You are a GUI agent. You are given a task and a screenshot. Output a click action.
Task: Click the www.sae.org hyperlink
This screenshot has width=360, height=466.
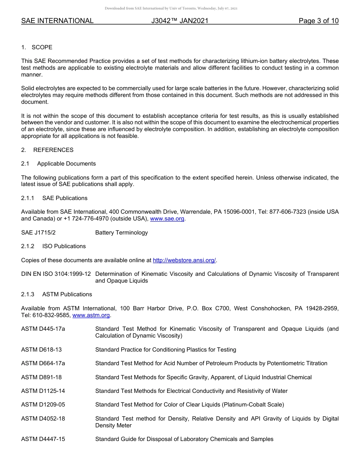coord(167,219)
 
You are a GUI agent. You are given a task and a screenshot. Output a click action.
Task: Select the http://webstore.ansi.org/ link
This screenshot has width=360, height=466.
coord(184,260)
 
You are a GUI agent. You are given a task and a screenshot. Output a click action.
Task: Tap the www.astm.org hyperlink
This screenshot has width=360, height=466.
coord(91,315)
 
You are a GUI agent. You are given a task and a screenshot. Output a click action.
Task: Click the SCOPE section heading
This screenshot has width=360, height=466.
coord(42,47)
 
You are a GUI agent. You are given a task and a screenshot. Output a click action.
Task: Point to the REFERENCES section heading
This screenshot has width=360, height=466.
coord(53,150)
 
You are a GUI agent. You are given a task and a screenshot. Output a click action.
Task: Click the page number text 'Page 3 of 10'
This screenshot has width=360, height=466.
coord(318,21)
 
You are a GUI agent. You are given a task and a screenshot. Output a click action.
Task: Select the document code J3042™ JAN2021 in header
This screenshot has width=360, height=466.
coord(180,21)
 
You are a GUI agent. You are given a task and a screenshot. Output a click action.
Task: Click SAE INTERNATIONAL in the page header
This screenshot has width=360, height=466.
coord(57,21)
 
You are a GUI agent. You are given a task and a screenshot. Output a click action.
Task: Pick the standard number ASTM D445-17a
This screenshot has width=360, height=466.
coord(43,329)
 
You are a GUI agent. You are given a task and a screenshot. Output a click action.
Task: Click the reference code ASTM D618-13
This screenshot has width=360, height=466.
coord(41,350)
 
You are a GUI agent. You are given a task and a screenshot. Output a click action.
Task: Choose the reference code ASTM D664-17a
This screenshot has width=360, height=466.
coord(43,363)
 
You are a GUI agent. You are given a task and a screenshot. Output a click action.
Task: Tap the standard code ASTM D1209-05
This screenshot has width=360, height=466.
coord(43,405)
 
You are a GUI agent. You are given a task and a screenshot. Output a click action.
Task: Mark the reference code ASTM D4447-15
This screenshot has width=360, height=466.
coord(43,439)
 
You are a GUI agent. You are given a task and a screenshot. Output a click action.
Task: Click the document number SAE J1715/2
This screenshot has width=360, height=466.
coord(38,233)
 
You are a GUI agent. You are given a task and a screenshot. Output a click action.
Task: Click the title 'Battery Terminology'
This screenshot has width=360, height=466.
coord(122,233)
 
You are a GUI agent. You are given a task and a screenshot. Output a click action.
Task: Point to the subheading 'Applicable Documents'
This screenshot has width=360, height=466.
coord(66,164)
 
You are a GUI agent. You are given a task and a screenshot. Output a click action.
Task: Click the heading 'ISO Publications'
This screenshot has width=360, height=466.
coord(64,246)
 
